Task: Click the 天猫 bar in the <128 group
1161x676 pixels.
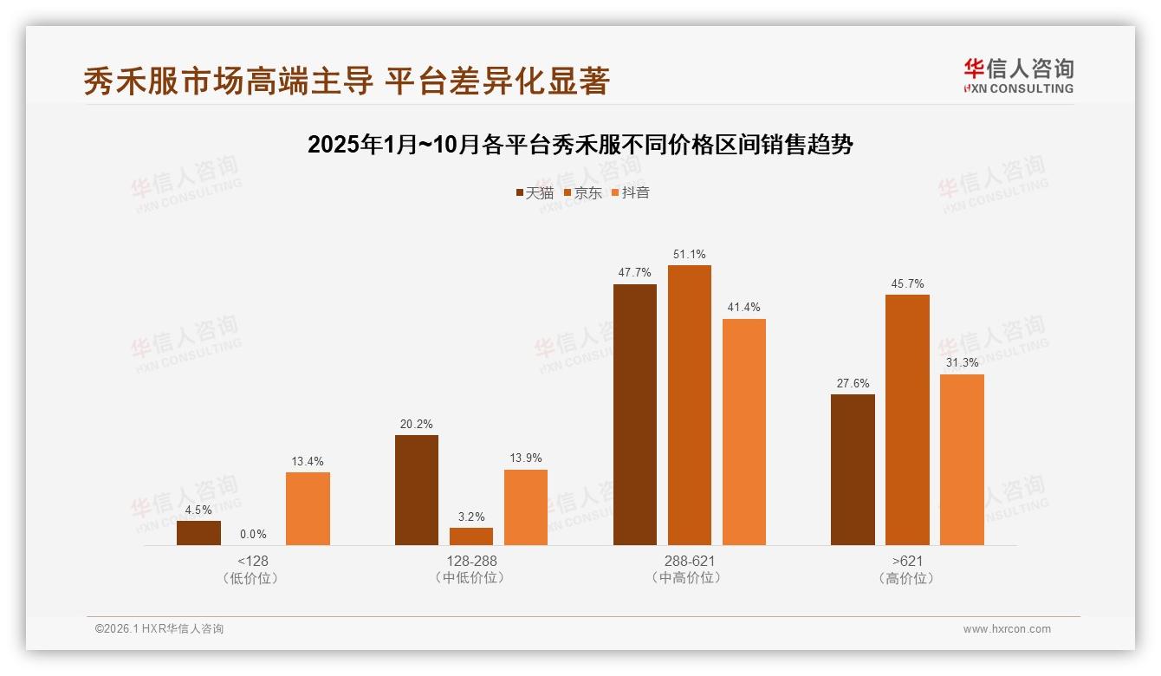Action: click(x=198, y=533)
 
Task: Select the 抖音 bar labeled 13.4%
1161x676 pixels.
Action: click(x=308, y=509)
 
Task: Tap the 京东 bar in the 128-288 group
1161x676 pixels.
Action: click(x=471, y=536)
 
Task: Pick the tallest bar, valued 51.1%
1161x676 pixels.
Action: click(x=690, y=405)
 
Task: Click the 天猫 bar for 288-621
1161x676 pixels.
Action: click(x=635, y=414)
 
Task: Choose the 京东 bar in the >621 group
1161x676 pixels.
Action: click(x=907, y=419)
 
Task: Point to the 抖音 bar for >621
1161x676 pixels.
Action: click(x=962, y=459)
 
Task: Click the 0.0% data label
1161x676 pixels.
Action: click(x=253, y=535)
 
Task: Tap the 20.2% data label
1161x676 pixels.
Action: click(x=417, y=425)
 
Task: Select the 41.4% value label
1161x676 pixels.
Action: click(x=744, y=308)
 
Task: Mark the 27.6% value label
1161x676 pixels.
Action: click(x=853, y=384)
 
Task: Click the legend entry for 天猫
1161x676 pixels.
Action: click(x=535, y=193)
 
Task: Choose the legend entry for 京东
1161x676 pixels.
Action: click(x=582, y=193)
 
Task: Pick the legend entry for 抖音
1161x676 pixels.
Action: click(x=631, y=193)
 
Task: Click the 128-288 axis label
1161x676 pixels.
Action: click(x=471, y=562)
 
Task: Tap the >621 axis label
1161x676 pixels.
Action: click(x=907, y=562)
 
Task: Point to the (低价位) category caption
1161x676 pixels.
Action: click(x=253, y=578)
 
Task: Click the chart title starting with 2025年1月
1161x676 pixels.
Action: click(x=580, y=145)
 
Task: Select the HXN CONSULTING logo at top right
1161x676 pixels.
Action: click(x=1018, y=76)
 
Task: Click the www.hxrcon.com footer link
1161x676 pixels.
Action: click(x=1007, y=629)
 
